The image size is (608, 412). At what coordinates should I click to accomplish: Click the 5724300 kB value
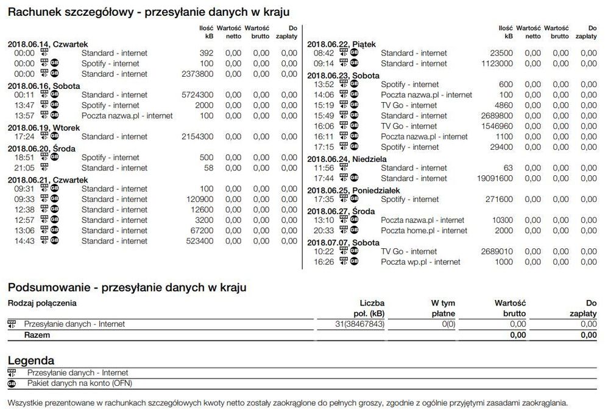pyautogui.click(x=197, y=95)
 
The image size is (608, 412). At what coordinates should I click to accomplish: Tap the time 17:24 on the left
pyautogui.click(x=24, y=137)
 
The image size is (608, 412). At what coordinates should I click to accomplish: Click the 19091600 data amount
pyautogui.click(x=494, y=178)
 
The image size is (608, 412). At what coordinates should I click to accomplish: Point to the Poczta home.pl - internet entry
pyautogui.click(x=424, y=231)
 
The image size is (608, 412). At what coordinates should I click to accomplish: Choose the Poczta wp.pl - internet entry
pyautogui.click(x=420, y=262)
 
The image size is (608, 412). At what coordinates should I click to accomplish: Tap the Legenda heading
pyautogui.click(x=31, y=360)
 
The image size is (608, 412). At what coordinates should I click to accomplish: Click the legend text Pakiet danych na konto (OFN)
pyautogui.click(x=79, y=383)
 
